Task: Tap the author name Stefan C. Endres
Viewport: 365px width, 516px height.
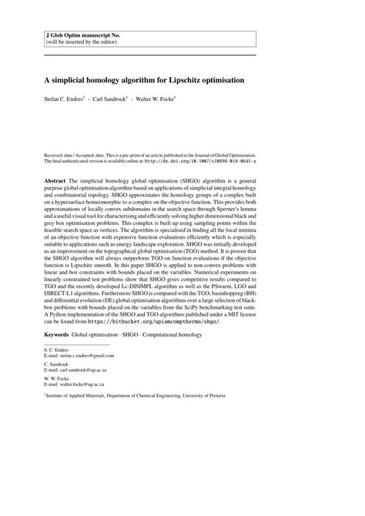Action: click(69, 99)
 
